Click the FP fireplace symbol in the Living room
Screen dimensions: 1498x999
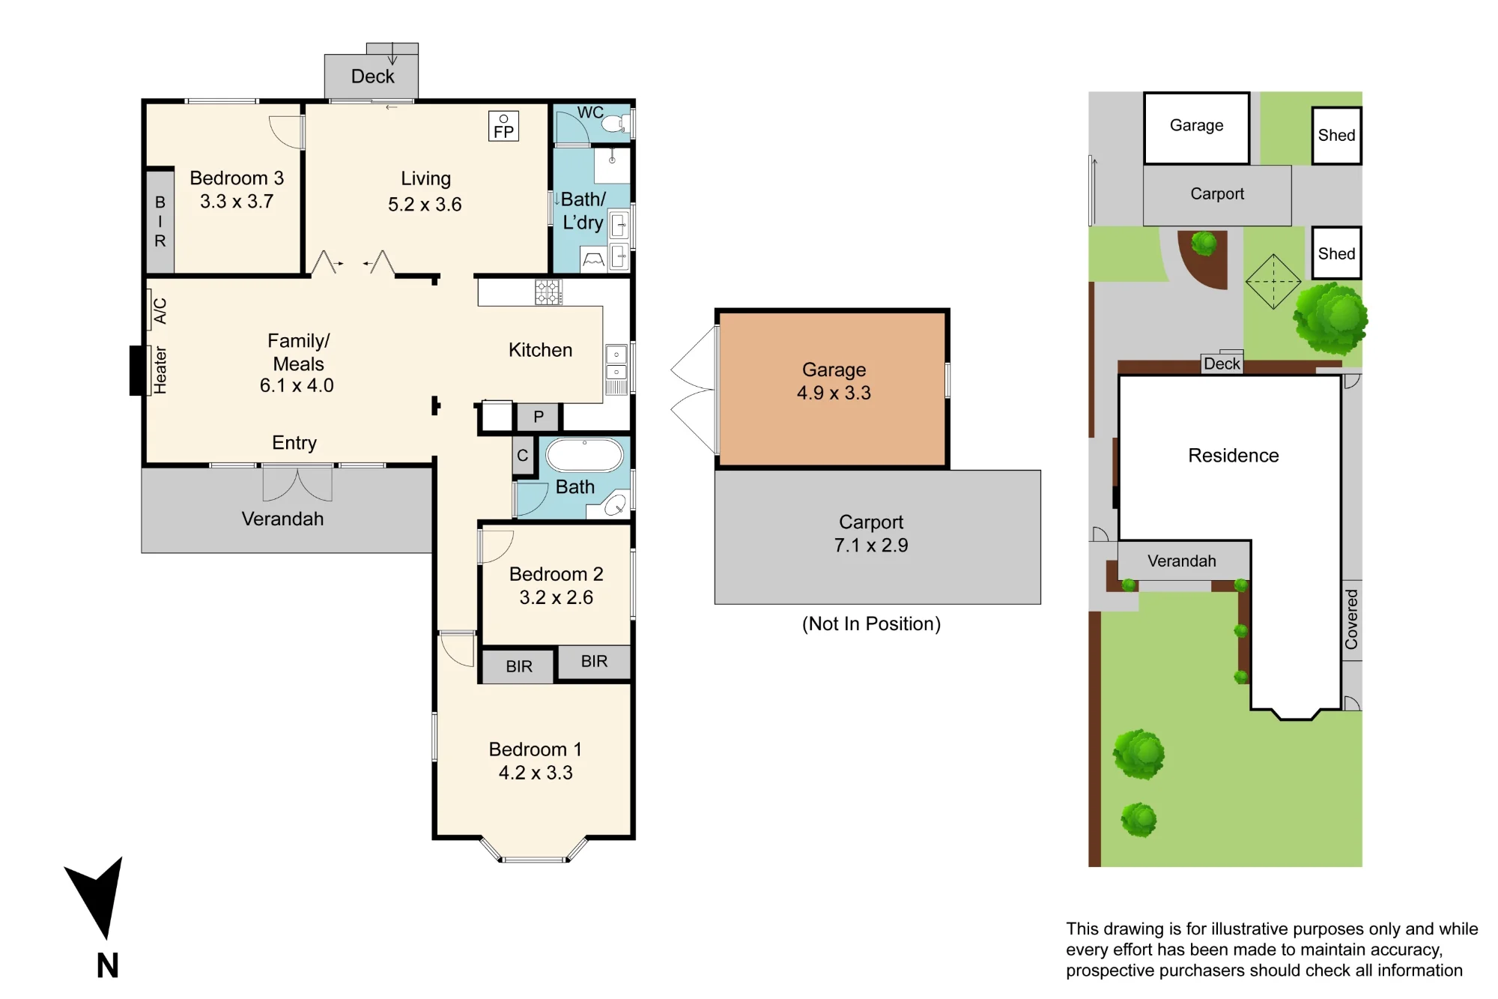pos(503,126)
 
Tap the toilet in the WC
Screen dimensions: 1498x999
pos(615,124)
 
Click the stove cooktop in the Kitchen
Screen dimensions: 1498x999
pos(548,292)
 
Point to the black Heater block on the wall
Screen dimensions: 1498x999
pos(137,370)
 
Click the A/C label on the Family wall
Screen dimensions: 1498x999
pos(159,310)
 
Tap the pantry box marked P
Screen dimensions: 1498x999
pos(538,417)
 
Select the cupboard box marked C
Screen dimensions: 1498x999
pos(523,456)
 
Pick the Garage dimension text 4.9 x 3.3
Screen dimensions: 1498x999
pos(834,393)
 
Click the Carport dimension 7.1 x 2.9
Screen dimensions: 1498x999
pos(871,545)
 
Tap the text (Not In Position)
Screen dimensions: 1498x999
pos(871,624)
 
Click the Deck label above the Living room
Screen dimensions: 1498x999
pos(372,76)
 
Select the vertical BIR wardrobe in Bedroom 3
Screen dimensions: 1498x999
pos(160,222)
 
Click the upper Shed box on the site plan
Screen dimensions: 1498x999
pos(1336,136)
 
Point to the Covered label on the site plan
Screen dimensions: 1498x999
pos(1351,619)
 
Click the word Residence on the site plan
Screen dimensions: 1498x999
pos(1234,456)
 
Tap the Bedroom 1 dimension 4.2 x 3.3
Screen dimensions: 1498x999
pos(536,773)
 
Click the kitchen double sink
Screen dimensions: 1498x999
pos(616,363)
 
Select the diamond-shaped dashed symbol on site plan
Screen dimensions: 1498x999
pos(1273,282)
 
